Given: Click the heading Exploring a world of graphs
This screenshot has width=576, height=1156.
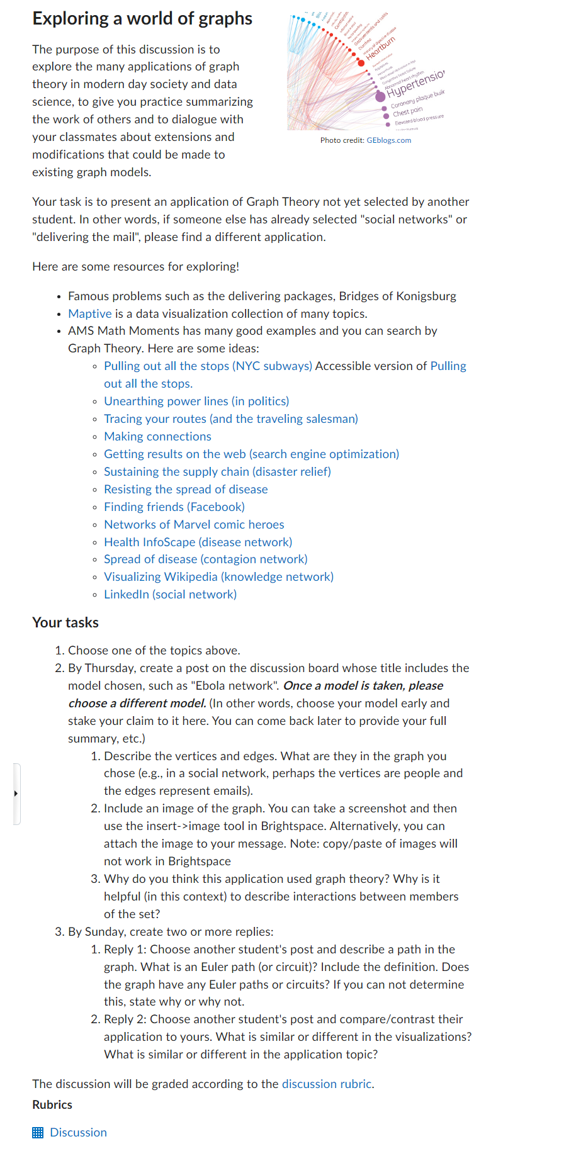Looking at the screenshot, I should pos(142,19).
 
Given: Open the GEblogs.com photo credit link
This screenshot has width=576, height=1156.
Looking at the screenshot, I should pos(388,140).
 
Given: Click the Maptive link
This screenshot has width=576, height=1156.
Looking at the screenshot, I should pos(89,313).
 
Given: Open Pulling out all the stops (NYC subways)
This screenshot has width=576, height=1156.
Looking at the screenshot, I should pos(208,366).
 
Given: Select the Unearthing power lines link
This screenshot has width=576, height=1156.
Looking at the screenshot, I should pos(196,401).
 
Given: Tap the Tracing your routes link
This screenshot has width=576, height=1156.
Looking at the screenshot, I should pos(230,419).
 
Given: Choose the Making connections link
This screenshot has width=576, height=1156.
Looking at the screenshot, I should pos(157,437).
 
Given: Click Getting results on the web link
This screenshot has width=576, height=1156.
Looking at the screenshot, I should pos(251,454).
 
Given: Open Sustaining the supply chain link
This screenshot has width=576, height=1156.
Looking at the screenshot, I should pos(217,472).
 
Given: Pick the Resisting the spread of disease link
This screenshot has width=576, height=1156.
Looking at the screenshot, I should pos(186,490).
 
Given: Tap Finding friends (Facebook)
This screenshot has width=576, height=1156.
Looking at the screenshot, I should pos(174,507).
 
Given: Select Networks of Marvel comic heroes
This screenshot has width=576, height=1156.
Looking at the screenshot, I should pos(194,525).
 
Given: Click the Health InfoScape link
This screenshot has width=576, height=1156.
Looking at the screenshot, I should pos(198,542).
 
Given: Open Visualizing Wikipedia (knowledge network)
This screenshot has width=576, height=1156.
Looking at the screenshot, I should pos(218,577).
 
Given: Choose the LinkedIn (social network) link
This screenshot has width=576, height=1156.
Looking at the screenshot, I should pos(170,595).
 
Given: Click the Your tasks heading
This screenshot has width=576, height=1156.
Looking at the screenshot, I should pos(65,623).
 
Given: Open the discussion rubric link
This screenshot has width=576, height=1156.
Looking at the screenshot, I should pos(327,1084).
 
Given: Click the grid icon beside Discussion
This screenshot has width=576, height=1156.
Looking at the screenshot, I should pos(38,1133).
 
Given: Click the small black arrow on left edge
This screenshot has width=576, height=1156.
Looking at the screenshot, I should pos(16,794).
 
